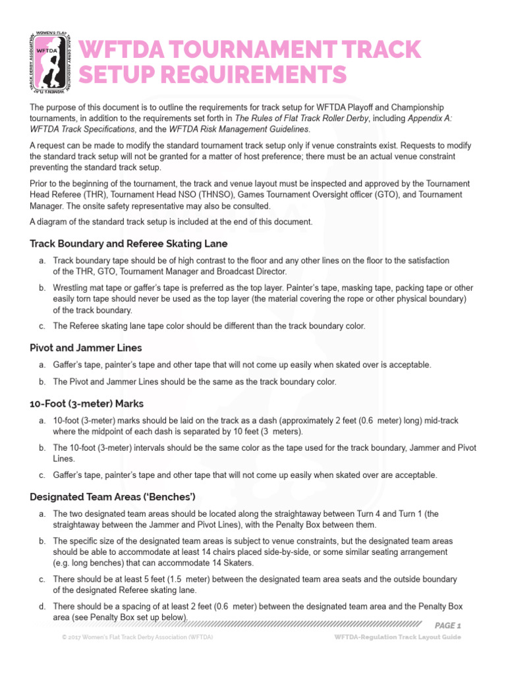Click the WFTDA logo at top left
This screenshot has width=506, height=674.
pos(51,61)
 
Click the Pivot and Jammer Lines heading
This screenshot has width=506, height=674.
pos(86,347)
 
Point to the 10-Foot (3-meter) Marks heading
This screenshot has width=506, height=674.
pos(87,403)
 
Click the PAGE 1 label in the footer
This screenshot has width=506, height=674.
pos(448,625)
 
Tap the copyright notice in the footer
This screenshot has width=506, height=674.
pos(137,637)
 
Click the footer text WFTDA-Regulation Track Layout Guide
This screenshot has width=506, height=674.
pos(397,637)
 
